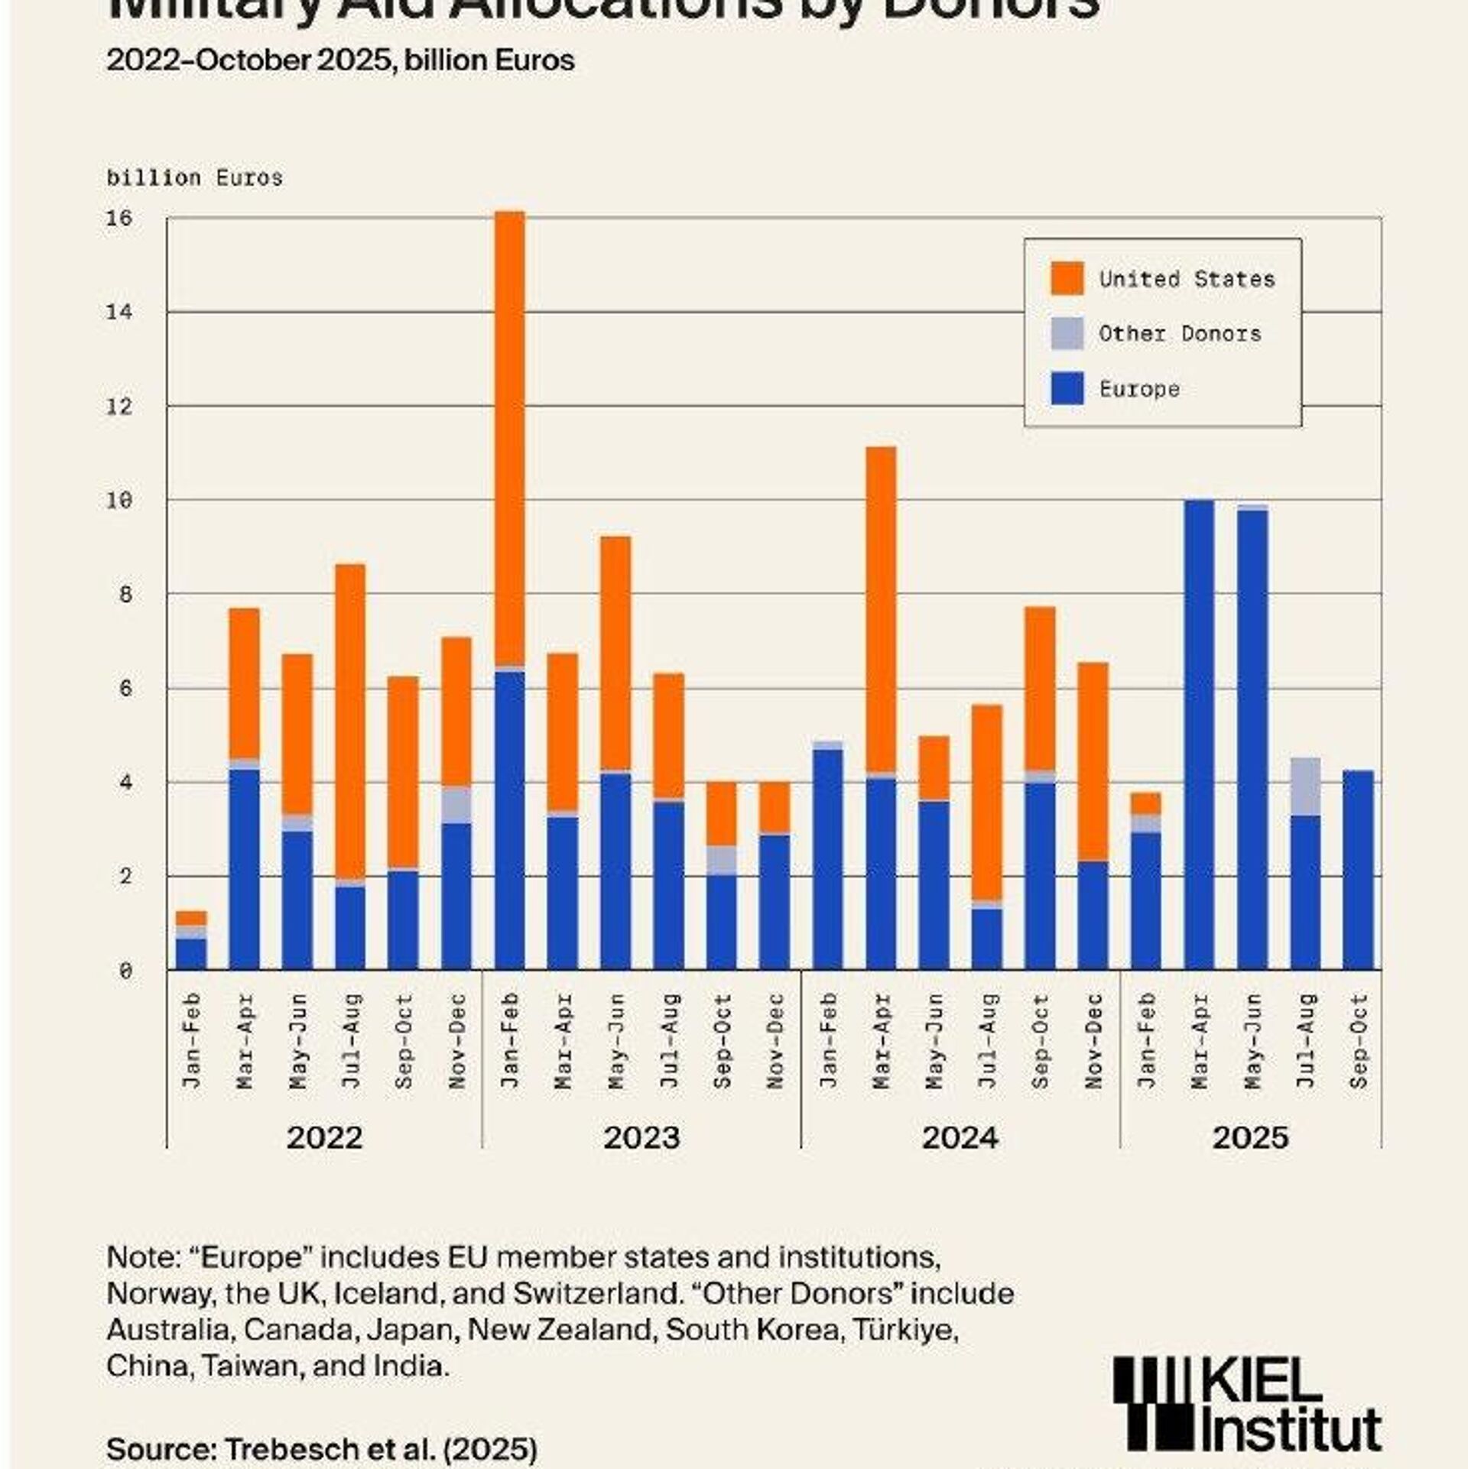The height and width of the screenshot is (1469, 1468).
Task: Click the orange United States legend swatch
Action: coord(1067,277)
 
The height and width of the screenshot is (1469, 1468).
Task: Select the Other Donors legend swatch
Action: coord(1067,333)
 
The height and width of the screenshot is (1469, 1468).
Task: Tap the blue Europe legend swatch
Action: coord(1067,388)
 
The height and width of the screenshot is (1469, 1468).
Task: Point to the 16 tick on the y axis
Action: coord(119,219)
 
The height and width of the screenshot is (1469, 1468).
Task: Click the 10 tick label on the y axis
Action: coord(119,501)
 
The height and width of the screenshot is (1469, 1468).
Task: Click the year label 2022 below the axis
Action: coord(324,1137)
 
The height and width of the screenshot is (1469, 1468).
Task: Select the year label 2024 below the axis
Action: coord(960,1137)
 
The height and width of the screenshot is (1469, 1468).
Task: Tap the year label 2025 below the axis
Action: coord(1250,1137)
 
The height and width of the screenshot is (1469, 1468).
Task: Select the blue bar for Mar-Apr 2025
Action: coord(1199,734)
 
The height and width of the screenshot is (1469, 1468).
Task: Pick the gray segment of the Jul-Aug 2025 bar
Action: coord(1305,786)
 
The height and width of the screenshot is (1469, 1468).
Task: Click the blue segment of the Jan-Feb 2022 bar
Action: coord(191,954)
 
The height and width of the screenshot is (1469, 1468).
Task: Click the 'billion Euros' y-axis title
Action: coord(195,178)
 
